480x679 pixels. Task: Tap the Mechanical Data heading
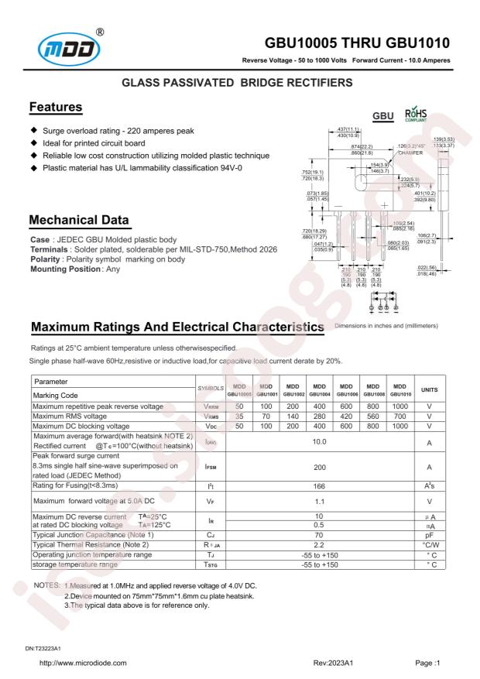[x=78, y=221]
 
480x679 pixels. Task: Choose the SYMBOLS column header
[x=211, y=389]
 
